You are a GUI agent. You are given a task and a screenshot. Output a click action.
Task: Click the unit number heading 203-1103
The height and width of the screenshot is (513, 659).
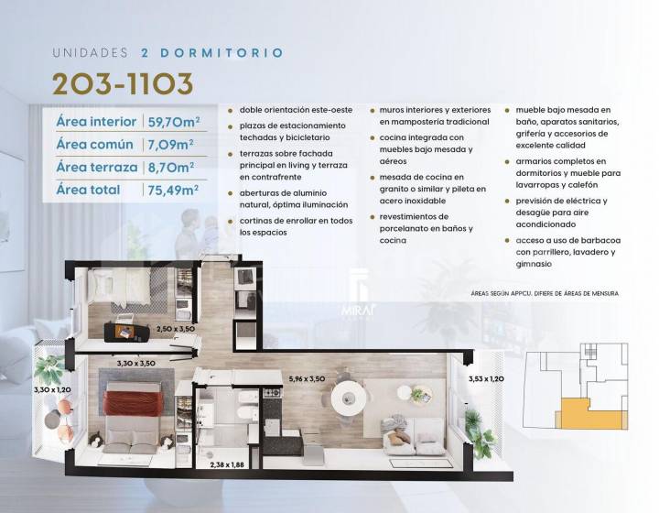123,83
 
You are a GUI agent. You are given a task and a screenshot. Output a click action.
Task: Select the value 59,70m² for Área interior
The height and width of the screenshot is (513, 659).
174,122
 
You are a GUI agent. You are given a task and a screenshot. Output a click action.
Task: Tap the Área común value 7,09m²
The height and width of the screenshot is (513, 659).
170,145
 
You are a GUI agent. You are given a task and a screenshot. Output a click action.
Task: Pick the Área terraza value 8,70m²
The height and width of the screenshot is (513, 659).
170,168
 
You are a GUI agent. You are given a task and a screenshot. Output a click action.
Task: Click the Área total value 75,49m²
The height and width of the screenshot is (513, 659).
173,190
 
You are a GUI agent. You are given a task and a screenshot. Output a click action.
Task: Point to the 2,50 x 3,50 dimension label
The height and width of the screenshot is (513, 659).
176,329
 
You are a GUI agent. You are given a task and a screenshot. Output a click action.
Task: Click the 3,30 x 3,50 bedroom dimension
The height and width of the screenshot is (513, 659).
136,364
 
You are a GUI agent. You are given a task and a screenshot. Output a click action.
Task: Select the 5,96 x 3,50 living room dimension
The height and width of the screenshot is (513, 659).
307,378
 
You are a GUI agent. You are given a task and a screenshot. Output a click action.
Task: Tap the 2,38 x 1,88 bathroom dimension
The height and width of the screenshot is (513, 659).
227,464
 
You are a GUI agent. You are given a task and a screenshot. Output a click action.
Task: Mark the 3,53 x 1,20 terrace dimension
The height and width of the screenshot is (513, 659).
486,379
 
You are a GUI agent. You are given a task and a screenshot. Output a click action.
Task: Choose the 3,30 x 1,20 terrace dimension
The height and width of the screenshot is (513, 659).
52,390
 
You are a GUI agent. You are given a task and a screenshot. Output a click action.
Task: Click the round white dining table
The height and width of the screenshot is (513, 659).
348,398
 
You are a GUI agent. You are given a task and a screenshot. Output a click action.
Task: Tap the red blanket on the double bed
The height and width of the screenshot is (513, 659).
134,403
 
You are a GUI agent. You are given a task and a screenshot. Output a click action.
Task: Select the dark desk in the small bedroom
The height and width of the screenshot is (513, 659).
127,332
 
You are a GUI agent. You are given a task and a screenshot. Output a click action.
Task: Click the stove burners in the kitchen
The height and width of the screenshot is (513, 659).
273,393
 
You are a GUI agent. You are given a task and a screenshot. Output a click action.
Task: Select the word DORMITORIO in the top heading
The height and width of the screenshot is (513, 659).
221,53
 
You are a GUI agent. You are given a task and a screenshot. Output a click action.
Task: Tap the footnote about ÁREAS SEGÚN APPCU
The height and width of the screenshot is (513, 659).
545,293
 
